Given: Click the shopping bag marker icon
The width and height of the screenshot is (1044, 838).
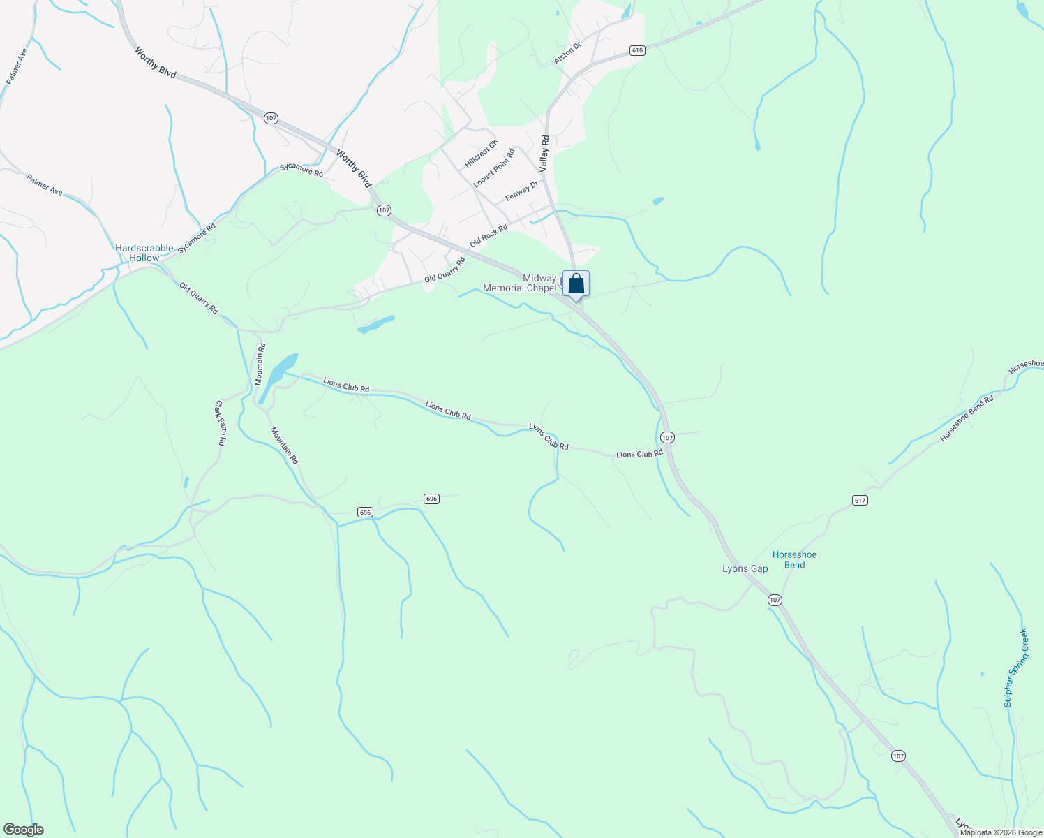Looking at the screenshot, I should [576, 284].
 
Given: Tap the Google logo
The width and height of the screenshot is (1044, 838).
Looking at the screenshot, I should [23, 830].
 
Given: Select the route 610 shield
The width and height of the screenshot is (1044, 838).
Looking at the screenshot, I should [636, 50].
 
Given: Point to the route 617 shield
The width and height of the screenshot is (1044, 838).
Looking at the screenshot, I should [859, 500].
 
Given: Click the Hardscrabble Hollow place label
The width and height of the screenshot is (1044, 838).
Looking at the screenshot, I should [144, 253].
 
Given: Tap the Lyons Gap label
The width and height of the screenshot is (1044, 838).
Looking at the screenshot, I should [745, 568].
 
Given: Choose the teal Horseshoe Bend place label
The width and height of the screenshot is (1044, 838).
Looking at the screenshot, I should [794, 560].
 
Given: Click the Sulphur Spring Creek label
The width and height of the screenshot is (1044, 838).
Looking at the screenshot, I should [1016, 668].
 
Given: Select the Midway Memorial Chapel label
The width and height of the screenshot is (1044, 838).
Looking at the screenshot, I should [521, 283].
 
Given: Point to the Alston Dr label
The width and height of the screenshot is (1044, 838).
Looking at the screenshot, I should [567, 53].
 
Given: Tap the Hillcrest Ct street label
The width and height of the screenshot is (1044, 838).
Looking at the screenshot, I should [482, 153].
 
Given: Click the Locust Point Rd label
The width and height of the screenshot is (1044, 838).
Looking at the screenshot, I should [493, 168].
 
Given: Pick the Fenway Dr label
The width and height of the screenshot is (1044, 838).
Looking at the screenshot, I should [522, 191].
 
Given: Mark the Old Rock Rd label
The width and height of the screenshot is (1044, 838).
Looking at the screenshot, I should [489, 236].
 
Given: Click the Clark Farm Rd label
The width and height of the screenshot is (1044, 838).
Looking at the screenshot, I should [220, 422].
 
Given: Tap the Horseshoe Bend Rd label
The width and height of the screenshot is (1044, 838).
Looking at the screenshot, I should [967, 418].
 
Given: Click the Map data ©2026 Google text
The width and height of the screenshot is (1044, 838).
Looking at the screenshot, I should [1001, 832].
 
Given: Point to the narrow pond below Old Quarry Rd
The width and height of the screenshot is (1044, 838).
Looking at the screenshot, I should [375, 324].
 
